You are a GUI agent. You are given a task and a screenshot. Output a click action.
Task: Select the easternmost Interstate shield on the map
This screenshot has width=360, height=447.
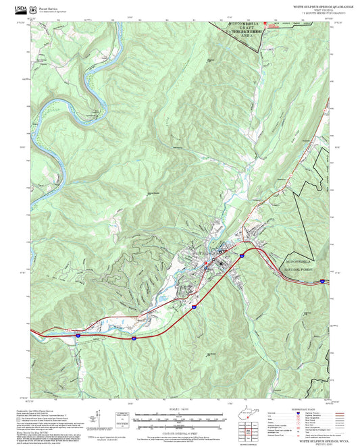[323, 280]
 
